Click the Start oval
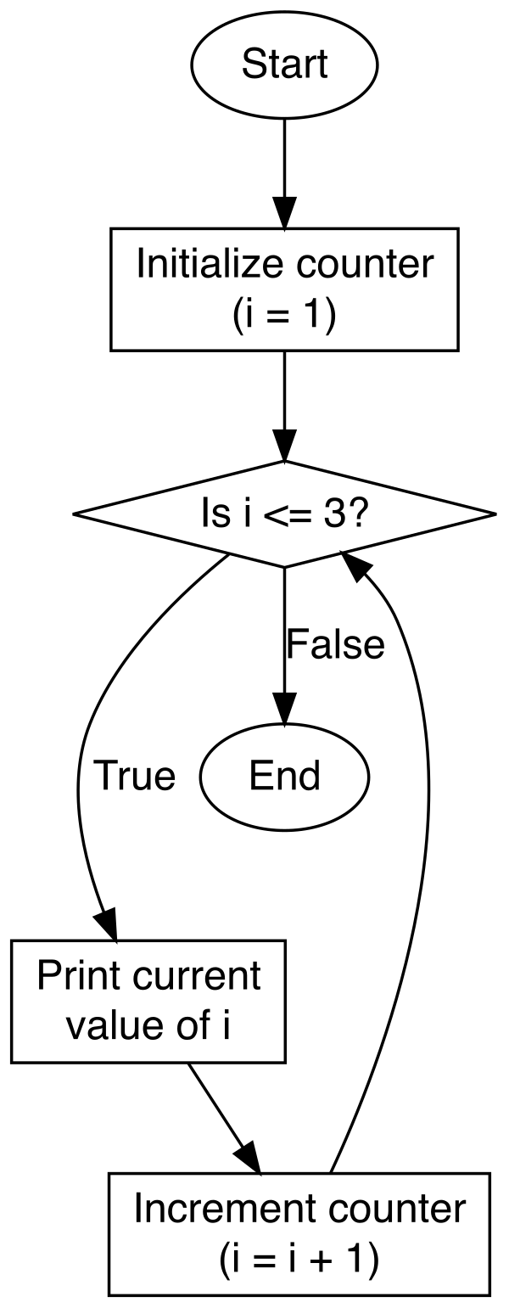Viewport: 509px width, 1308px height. pyautogui.click(x=284, y=65)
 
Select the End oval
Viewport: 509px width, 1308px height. pyautogui.click(x=284, y=776)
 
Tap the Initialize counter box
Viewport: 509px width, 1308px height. pyautogui.click(x=284, y=289)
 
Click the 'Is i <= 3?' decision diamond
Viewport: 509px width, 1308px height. pyautogui.click(x=284, y=514)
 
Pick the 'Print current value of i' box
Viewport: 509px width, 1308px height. pyautogui.click(x=148, y=1001)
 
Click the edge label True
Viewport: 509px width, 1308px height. pyautogui.click(x=134, y=776)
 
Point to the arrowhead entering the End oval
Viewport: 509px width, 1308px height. pyautogui.click(x=284, y=711)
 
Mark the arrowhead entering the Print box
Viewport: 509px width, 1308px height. pyautogui.click(x=107, y=926)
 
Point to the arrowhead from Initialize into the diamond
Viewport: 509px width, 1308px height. pyautogui.click(x=284, y=448)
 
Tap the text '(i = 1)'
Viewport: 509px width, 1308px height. pyautogui.click(x=284, y=313)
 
